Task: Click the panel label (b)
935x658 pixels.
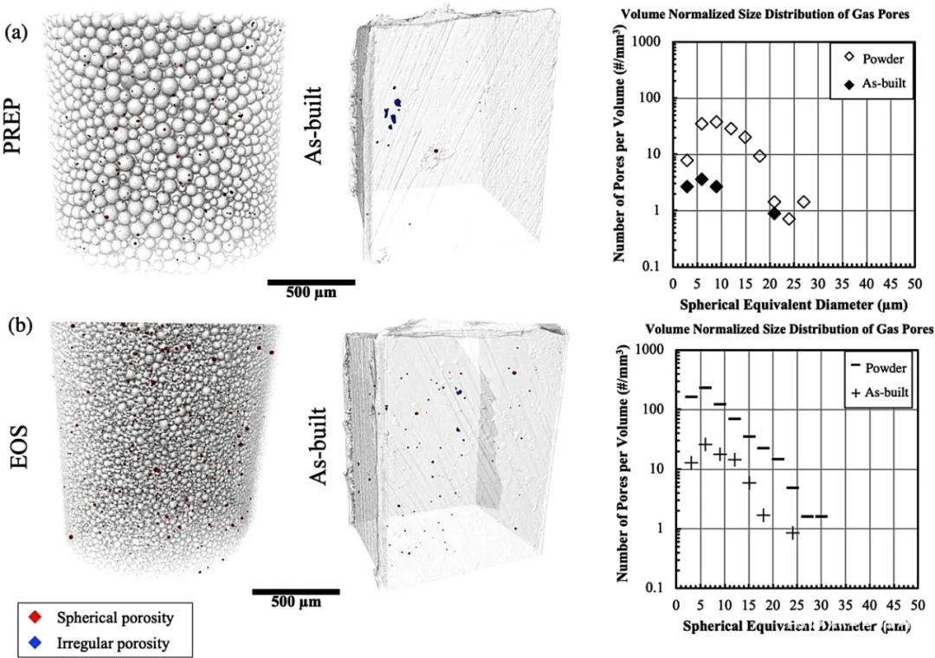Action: [16, 328]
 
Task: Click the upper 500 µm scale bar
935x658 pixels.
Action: [311, 281]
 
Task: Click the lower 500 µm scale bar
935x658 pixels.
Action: [295, 591]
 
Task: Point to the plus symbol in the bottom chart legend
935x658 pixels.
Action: [853, 392]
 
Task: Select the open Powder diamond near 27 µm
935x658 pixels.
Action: [803, 202]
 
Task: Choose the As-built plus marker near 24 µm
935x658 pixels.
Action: [792, 533]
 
